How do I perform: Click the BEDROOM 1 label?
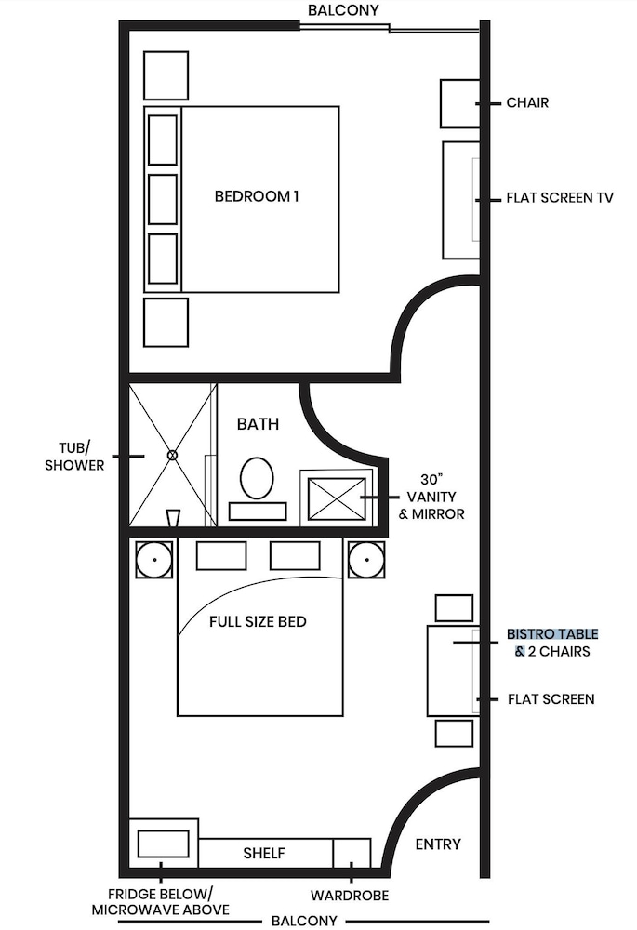[257, 196]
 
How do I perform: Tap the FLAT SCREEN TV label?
[560, 198]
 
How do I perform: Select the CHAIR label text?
[527, 102]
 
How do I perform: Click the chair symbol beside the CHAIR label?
[458, 103]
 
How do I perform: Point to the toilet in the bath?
[257, 480]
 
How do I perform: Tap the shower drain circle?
[172, 455]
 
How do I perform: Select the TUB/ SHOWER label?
[74, 456]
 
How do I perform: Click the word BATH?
[258, 424]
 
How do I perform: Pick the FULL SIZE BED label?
[259, 621]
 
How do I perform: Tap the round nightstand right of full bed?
[366, 560]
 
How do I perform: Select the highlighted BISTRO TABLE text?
[552, 634]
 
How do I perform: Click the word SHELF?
[264, 853]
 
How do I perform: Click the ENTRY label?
[438, 844]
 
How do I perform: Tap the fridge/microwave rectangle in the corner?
[163, 844]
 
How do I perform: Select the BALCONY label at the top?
[342, 9]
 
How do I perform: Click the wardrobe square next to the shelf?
[352, 853]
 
